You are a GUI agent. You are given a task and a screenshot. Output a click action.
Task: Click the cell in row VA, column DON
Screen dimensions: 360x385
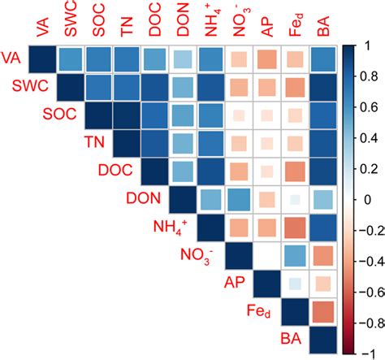[x=184, y=60]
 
